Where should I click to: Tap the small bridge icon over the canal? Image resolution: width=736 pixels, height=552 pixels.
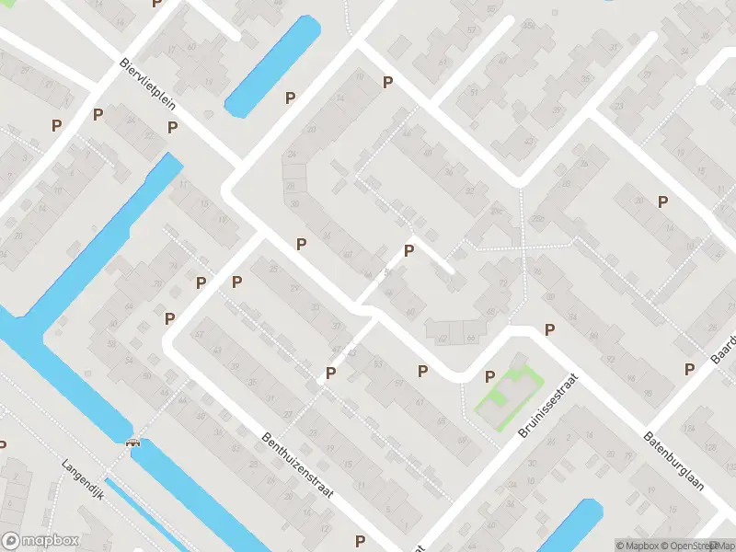pos(132,441)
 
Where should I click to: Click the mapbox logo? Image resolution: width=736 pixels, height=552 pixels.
pos(40,541)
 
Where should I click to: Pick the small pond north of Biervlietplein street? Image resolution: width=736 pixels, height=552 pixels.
pos(272,66)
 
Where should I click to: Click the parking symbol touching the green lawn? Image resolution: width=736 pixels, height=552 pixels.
pos(489,375)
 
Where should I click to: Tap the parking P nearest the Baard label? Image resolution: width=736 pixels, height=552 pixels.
pos(689,369)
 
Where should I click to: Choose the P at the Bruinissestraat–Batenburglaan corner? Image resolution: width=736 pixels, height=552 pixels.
pos(550,329)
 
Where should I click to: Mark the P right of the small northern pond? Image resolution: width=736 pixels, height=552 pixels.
pos(291,98)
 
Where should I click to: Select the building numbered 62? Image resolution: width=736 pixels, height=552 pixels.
pos(443,339)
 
